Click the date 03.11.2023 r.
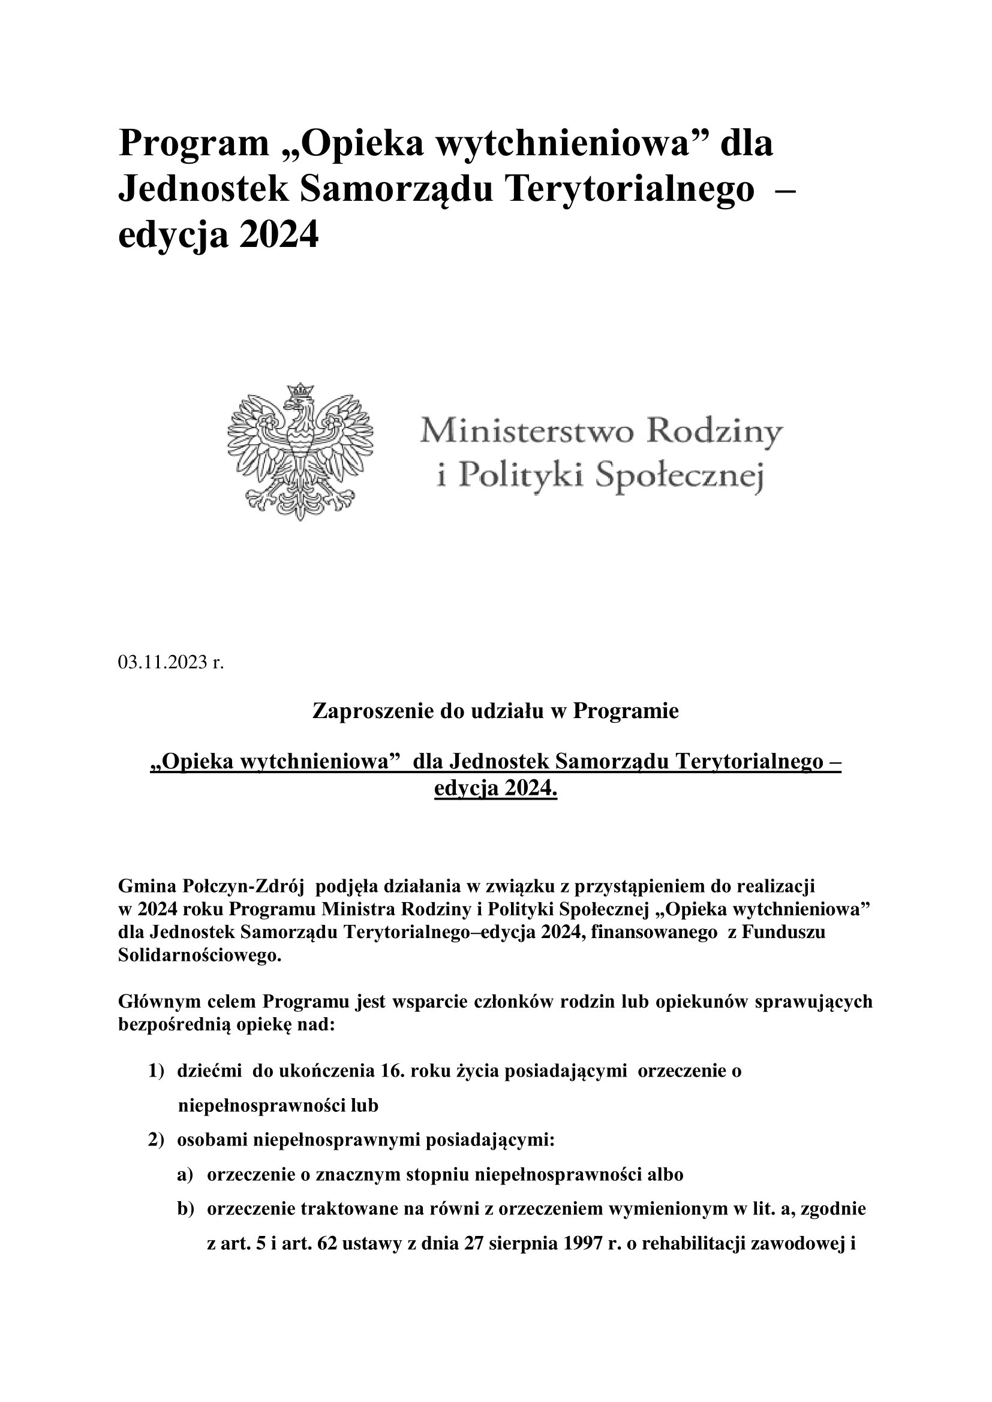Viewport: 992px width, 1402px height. (x=171, y=662)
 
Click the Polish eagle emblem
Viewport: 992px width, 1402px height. (x=300, y=452)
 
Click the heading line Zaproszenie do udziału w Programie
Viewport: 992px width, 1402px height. (x=495, y=711)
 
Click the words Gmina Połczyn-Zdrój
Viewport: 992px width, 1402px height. (x=211, y=885)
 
